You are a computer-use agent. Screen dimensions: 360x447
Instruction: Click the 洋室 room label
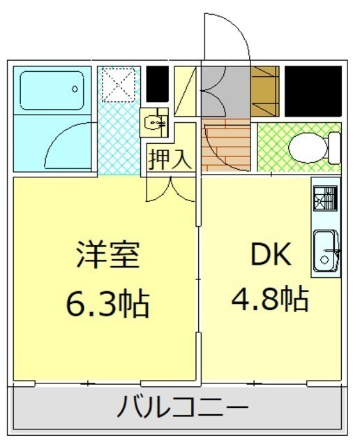click(108, 254)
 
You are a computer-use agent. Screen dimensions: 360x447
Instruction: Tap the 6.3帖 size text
click(107, 303)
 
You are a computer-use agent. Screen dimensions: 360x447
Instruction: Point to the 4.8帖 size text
click(270, 299)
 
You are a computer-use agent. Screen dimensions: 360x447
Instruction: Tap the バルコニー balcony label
click(183, 406)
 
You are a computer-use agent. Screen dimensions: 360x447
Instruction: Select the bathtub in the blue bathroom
click(52, 90)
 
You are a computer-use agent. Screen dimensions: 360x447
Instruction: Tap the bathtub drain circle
click(75, 89)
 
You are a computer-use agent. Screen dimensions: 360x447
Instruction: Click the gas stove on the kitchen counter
click(325, 198)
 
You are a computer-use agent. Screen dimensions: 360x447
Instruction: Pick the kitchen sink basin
click(325, 251)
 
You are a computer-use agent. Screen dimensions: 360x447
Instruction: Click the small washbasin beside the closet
click(153, 123)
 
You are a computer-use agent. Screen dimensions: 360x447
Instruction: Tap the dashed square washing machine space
click(119, 85)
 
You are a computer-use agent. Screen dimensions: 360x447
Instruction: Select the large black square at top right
click(313, 91)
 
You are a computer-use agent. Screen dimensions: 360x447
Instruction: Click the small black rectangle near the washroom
click(157, 84)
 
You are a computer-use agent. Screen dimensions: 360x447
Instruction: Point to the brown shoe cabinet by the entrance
click(265, 91)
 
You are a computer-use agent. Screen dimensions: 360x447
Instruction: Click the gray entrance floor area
click(225, 91)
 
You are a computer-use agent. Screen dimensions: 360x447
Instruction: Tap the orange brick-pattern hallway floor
click(225, 145)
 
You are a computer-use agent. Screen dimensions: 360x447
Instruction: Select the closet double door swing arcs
click(170, 191)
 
